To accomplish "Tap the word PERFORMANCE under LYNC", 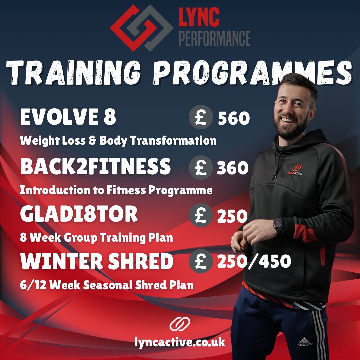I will (x=215, y=38).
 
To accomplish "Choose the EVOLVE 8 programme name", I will (x=68, y=117).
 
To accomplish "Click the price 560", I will (x=233, y=119).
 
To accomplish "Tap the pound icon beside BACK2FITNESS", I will (x=200, y=168).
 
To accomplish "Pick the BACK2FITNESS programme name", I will (x=95, y=167).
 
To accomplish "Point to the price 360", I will (x=233, y=169).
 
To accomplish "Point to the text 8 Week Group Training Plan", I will (x=96, y=238).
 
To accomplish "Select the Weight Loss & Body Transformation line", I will (x=118, y=141).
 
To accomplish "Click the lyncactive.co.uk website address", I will (x=180, y=342).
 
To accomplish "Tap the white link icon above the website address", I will (x=180, y=324).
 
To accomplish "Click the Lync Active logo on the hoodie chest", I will (x=295, y=170).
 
